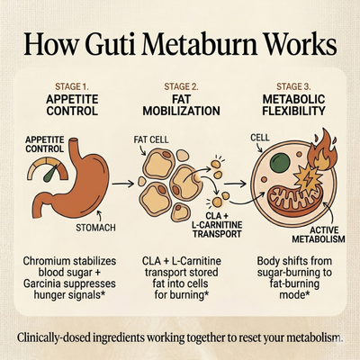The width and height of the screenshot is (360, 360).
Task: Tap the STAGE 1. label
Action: (x=72, y=87)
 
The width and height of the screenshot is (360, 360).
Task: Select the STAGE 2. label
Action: (x=181, y=87)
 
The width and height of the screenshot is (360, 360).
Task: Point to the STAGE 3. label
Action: (x=293, y=87)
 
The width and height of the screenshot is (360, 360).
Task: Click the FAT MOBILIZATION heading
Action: (x=181, y=105)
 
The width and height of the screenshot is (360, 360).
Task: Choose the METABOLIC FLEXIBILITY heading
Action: (x=293, y=105)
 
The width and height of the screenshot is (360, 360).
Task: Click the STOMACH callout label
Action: (x=95, y=228)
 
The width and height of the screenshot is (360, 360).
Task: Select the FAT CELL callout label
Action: (x=151, y=139)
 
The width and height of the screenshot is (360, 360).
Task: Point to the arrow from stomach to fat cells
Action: (x=122, y=184)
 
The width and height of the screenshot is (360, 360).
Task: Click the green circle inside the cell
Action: (x=280, y=163)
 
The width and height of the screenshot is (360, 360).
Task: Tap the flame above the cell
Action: (x=322, y=149)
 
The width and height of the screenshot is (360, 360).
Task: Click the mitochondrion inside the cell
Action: (x=295, y=200)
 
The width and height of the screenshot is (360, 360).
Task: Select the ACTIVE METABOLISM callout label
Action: (x=319, y=235)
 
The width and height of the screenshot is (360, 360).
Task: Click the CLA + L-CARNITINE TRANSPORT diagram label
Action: (x=217, y=225)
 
